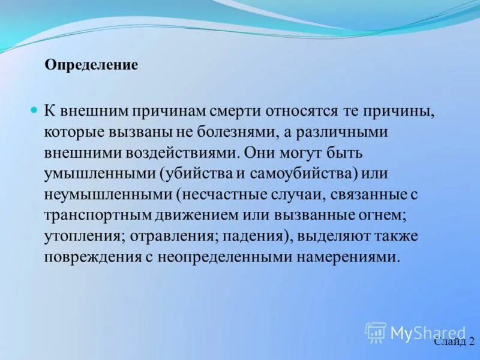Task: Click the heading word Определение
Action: (x=91, y=65)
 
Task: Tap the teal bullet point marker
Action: (x=34, y=110)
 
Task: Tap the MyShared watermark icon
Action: (x=376, y=332)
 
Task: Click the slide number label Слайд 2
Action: (x=454, y=342)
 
